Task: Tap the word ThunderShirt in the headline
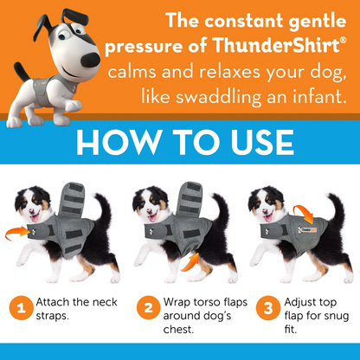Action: pos(276,46)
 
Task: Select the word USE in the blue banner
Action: pos(262,142)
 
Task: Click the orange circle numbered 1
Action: pos(21,308)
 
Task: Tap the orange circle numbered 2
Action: pos(148,308)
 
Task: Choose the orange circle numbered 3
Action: pos(268,308)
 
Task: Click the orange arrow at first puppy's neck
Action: pos(16,233)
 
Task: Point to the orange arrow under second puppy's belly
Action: pos(190,262)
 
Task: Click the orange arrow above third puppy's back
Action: pos(305,214)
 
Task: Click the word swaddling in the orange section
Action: pos(218,98)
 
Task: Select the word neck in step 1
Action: pos(105,302)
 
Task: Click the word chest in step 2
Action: pos(177,329)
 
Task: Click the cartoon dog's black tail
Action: pos(22,71)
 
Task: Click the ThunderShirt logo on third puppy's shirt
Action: pos(307,230)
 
